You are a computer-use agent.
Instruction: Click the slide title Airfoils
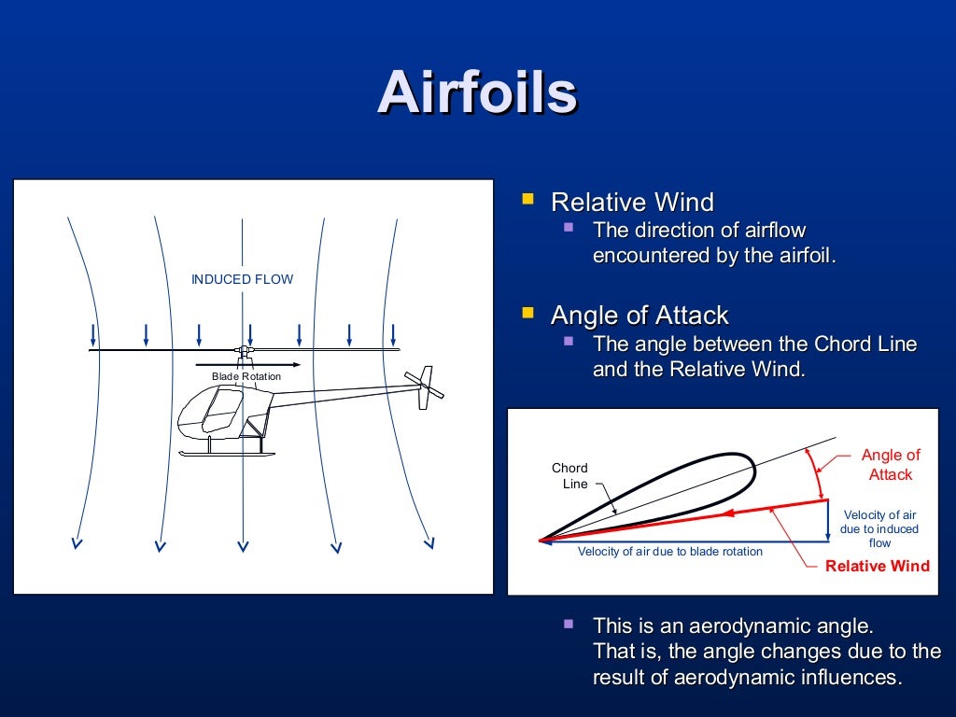pyautogui.click(x=477, y=93)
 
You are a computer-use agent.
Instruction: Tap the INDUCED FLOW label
pyautogui.click(x=242, y=279)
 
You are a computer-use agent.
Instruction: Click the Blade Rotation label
pyautogui.click(x=246, y=377)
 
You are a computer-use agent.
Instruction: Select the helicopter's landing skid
pyautogui.click(x=227, y=453)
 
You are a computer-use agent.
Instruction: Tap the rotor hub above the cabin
pyautogui.click(x=245, y=351)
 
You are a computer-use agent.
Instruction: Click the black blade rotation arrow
pyautogui.click(x=247, y=364)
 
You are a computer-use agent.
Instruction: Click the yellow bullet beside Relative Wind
pyautogui.click(x=528, y=200)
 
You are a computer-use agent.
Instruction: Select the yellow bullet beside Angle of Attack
pyautogui.click(x=528, y=312)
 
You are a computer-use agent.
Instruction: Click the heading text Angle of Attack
pyautogui.click(x=639, y=315)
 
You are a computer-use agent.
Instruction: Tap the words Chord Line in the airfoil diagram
pyautogui.click(x=569, y=476)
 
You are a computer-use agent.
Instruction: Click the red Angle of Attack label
pyautogui.click(x=890, y=465)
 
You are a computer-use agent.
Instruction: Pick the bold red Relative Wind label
pyautogui.click(x=878, y=566)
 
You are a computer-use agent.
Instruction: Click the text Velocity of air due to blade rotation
pyautogui.click(x=669, y=552)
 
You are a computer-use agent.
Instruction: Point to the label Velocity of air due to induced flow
pyautogui.click(x=879, y=528)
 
